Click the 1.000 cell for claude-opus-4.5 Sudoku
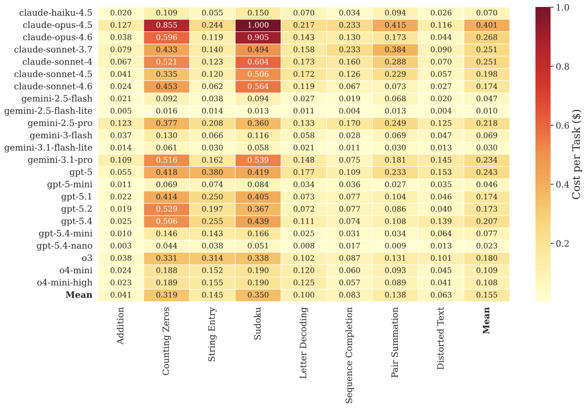point(258,25)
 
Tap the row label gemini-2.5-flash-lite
point(48,111)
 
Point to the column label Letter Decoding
point(303,343)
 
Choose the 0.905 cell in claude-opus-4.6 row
point(258,37)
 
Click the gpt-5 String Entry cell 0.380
point(212,173)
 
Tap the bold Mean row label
point(79,295)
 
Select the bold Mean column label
point(486,321)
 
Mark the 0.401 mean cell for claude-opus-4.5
point(486,25)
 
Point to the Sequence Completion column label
point(349,355)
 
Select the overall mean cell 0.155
point(486,295)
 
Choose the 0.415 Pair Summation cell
point(395,25)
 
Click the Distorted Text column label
point(440,338)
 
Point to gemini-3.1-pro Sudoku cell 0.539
point(258,160)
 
